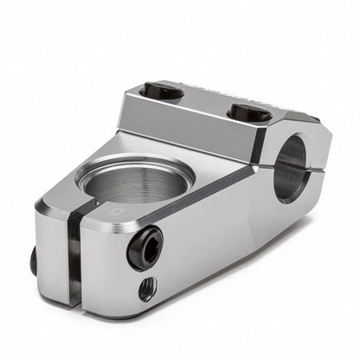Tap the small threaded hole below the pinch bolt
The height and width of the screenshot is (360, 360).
coord(148,287)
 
